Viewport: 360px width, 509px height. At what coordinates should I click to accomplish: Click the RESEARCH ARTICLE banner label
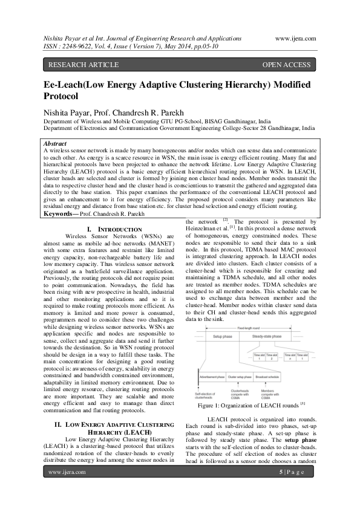coord(76,65)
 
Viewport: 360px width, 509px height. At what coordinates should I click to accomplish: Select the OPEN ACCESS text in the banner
coord(286,65)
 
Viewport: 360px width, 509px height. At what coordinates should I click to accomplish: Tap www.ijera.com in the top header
coord(295,37)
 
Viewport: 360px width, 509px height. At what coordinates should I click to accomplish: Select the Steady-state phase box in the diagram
coord(280,336)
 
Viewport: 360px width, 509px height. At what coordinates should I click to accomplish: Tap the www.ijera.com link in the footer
coord(68,488)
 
